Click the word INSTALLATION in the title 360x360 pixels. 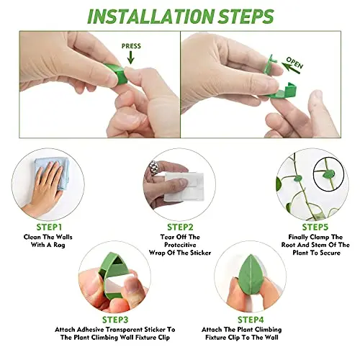click(150, 17)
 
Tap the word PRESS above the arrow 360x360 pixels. click(131, 46)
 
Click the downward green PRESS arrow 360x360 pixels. click(130, 58)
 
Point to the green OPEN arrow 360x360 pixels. click(291, 68)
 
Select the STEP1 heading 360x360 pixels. click(49, 227)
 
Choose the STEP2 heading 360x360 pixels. click(180, 227)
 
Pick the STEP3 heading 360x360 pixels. click(115, 320)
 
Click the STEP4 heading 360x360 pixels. click(251, 320)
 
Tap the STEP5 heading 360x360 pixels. click(315, 227)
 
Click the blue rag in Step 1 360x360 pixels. click(52, 173)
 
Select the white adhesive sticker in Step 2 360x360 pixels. click(184, 186)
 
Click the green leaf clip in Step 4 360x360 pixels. click(251, 274)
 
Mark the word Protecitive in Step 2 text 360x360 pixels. click(180, 245)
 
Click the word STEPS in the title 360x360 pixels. click(246, 17)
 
